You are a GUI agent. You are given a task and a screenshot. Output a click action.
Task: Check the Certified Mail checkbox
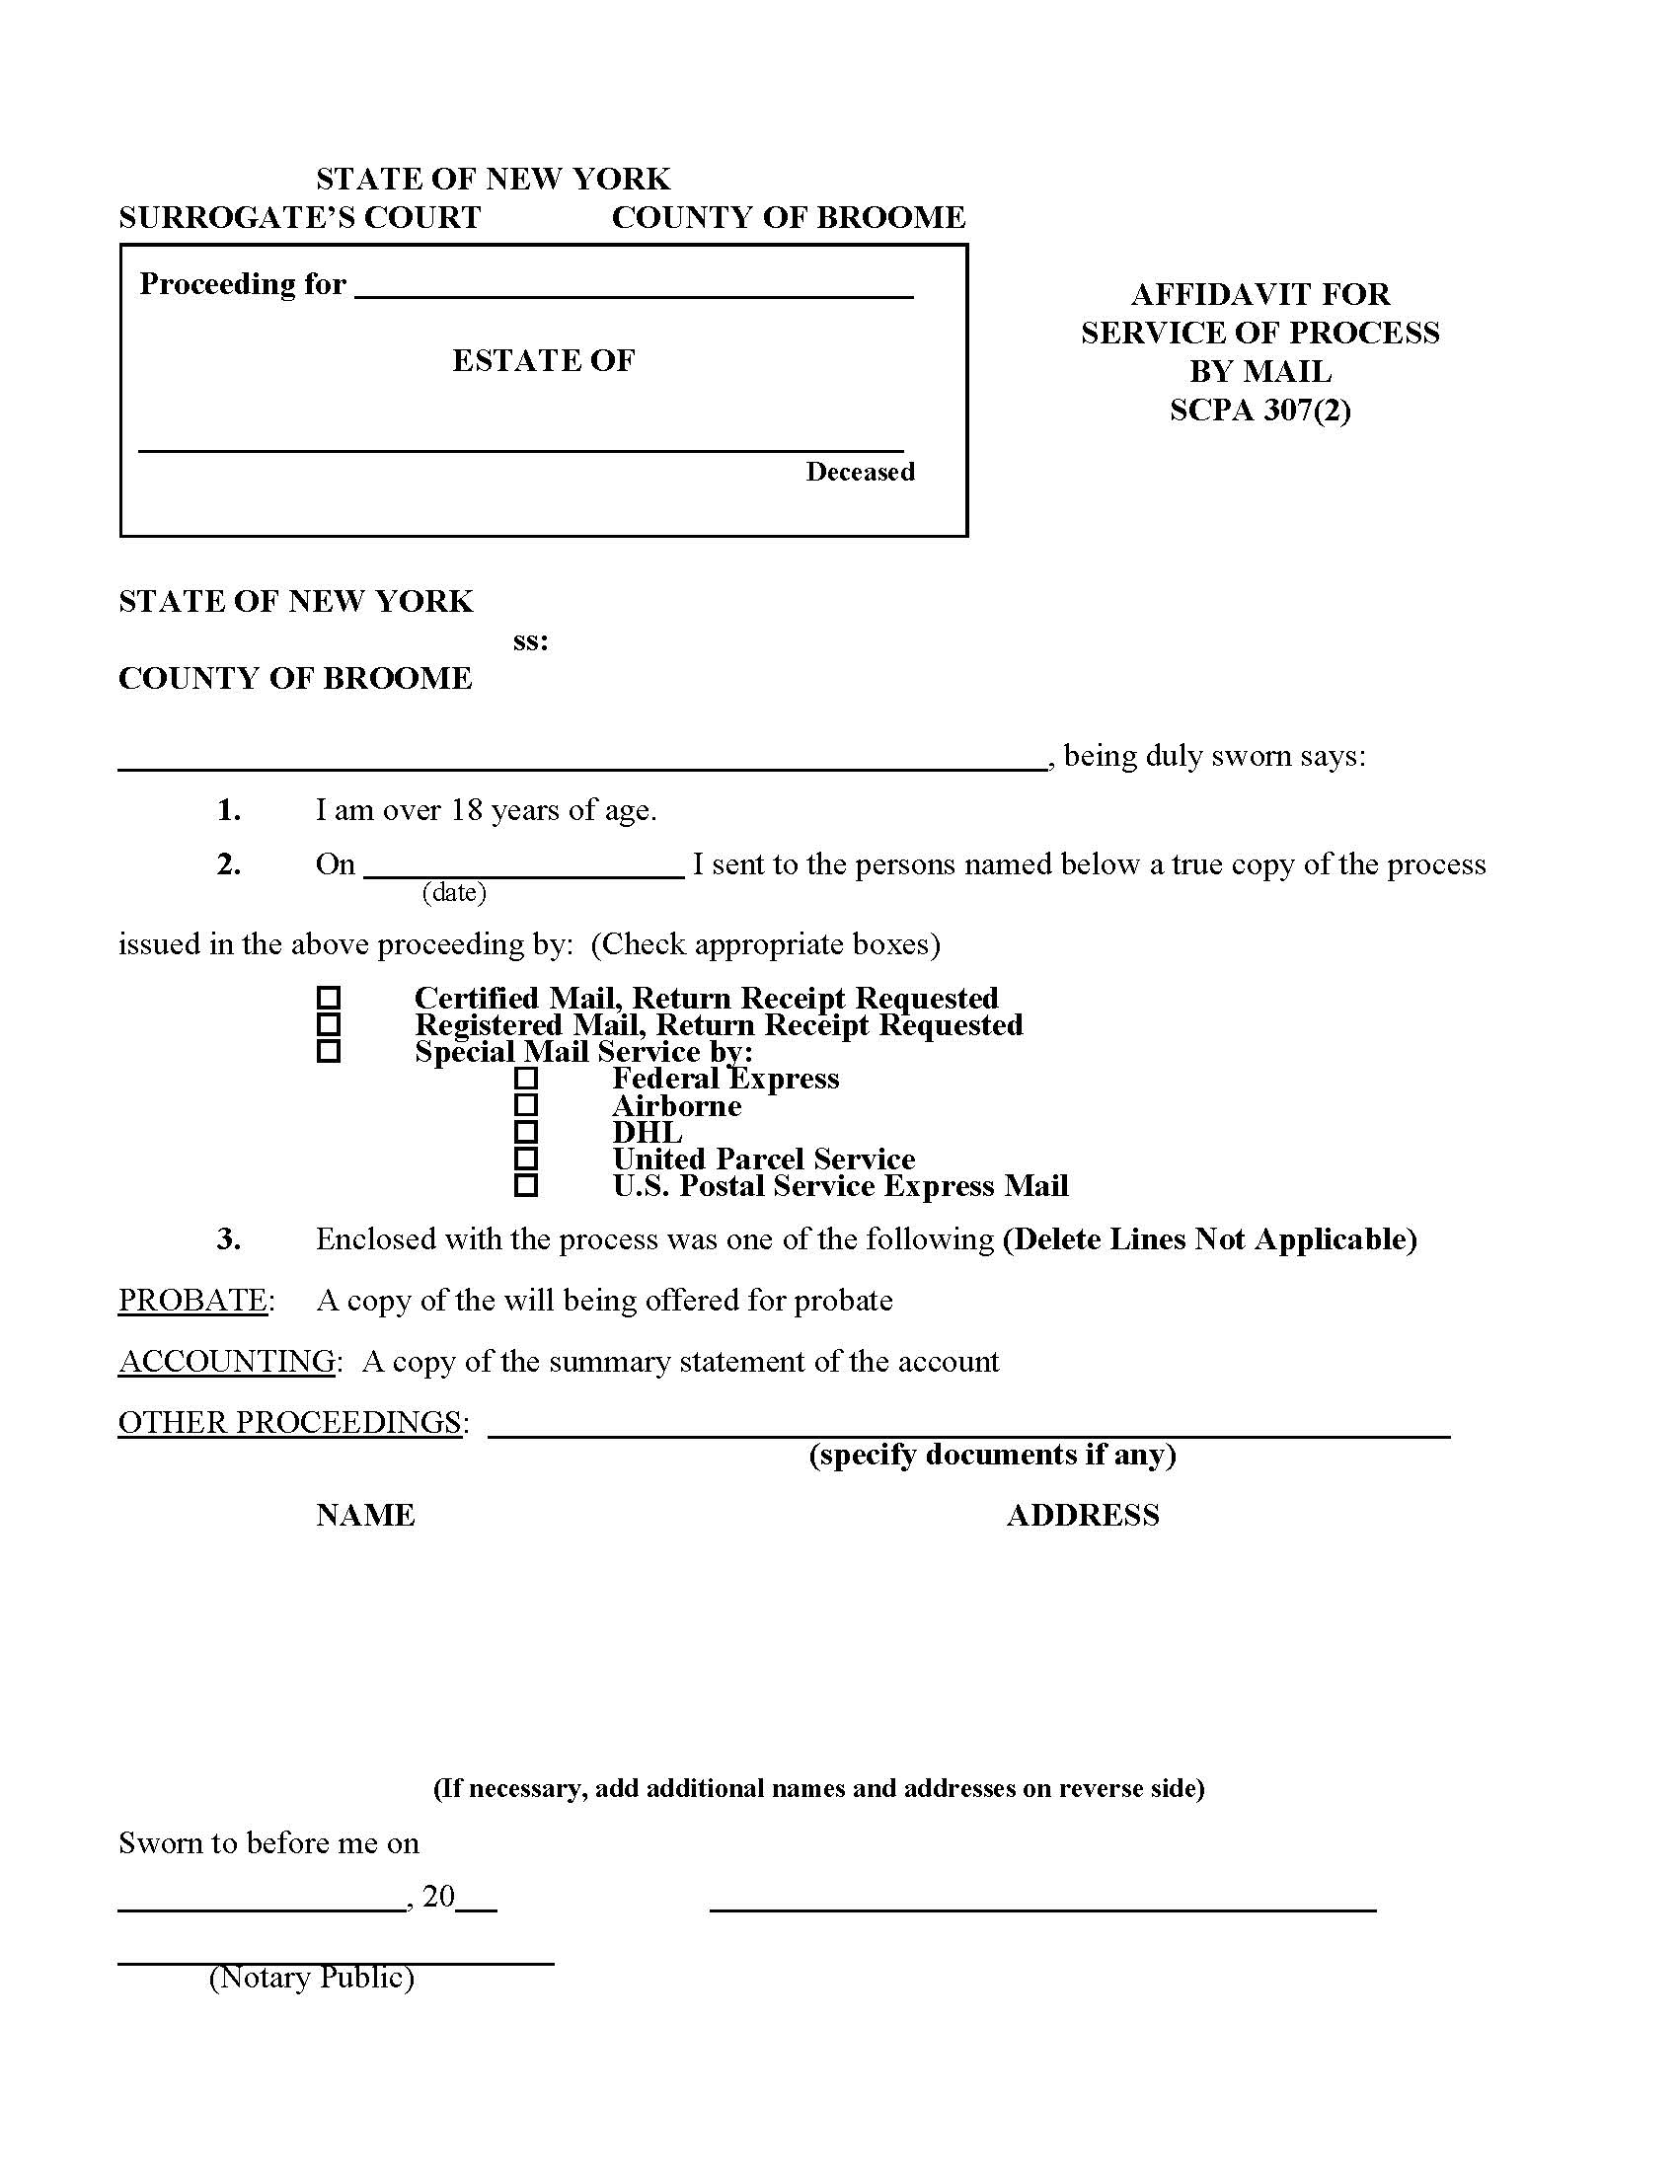(x=328, y=997)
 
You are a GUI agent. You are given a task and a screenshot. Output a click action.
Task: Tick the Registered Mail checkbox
(x=328, y=1024)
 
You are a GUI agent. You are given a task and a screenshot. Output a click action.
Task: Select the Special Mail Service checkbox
(x=328, y=1051)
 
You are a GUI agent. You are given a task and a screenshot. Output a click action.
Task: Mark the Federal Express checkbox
(x=526, y=1079)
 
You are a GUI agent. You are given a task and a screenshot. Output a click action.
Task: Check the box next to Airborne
(x=526, y=1105)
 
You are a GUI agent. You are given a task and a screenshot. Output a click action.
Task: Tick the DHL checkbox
(x=526, y=1132)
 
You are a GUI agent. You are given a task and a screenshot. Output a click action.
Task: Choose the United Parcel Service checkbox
(x=526, y=1160)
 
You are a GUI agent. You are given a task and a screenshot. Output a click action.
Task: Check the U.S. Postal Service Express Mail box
(x=526, y=1186)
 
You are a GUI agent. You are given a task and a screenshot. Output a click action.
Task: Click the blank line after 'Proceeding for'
(x=634, y=288)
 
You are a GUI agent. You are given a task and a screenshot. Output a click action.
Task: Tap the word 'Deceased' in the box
(x=860, y=471)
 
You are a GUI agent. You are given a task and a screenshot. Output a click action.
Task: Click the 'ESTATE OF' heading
(x=543, y=360)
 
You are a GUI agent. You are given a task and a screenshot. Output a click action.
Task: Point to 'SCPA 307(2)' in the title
(x=1259, y=410)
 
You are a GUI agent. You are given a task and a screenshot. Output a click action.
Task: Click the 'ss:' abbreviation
(x=530, y=641)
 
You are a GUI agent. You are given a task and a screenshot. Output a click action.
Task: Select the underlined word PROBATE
(x=192, y=1301)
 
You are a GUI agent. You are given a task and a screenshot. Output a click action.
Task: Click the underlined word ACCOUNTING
(x=227, y=1361)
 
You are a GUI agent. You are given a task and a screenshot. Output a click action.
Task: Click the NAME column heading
(x=365, y=1515)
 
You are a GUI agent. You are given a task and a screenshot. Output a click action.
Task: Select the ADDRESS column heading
(x=1083, y=1515)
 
